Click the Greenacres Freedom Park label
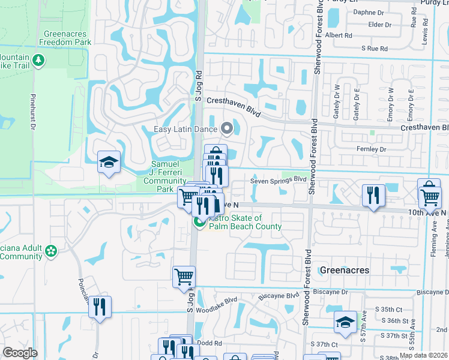tap(67, 38)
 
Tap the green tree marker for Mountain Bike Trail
tap(38, 60)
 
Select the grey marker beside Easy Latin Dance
tap(227, 127)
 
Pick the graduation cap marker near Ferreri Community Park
tap(109, 163)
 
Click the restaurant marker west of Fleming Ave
tap(373, 195)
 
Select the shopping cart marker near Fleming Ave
tap(430, 196)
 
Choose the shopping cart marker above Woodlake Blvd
tap(184, 277)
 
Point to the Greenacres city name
tap(344, 271)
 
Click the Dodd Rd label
tap(210, 343)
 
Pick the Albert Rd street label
tap(338, 35)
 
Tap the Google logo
tap(20, 353)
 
